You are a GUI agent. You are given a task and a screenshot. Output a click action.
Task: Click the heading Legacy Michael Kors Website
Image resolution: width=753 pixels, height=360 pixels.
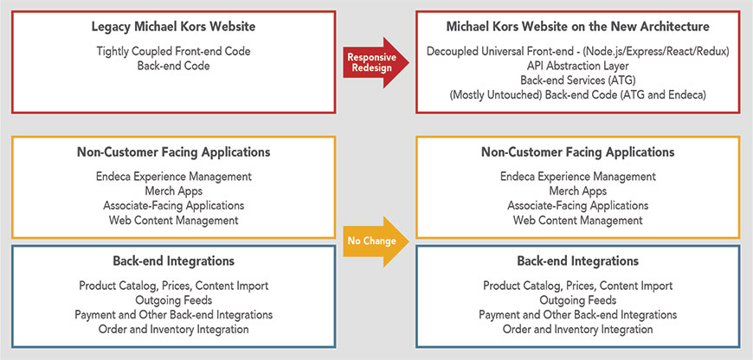point(173,27)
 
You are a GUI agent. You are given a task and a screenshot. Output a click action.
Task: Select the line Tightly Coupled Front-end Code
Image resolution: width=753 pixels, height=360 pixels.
point(173,51)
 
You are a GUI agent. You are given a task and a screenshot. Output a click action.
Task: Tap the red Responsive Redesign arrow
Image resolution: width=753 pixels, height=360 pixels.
point(376,62)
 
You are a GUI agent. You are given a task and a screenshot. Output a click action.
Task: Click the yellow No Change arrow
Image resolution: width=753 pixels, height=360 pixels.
point(376,241)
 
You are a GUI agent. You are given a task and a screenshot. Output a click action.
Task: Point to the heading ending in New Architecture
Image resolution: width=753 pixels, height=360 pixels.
point(577,27)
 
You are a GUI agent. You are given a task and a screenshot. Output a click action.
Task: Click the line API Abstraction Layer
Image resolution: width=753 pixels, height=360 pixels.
point(577,66)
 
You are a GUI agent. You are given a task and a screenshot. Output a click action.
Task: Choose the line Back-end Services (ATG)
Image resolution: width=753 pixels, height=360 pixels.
point(577,80)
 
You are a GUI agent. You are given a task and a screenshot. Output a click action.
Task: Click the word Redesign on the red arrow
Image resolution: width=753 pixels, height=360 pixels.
point(371,67)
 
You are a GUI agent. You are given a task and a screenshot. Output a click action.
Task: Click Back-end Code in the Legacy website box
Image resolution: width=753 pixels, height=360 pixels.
point(173,66)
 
